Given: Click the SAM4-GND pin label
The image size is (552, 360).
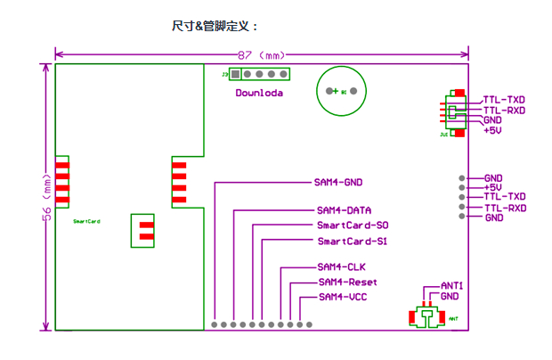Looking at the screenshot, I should (x=338, y=182).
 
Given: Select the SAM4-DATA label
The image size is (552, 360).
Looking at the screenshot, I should (x=344, y=211).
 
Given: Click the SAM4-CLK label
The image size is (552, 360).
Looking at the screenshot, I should (x=341, y=266).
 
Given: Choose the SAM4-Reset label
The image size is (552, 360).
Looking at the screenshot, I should (x=347, y=282).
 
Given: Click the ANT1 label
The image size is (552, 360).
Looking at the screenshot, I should (x=452, y=285).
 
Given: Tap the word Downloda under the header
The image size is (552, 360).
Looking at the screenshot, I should (x=259, y=93).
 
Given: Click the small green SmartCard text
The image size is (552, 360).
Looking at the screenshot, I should (x=86, y=220).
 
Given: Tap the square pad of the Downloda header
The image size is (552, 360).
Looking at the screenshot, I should (x=235, y=76).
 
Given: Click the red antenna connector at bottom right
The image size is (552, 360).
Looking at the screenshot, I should (x=428, y=316).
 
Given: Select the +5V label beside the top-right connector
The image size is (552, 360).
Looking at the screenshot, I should (x=492, y=130).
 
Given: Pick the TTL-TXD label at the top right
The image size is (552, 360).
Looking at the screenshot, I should (x=504, y=99).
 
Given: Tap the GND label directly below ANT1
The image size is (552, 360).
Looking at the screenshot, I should (x=450, y=296).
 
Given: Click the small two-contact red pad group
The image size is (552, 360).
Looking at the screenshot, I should (x=145, y=229).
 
